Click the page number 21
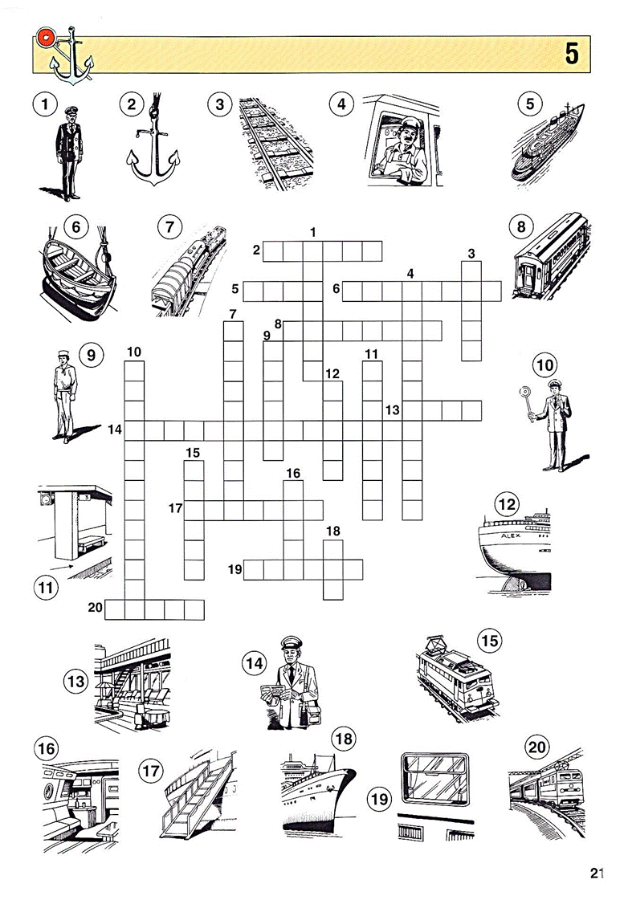tap(597, 873)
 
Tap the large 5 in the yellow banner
tap(572, 53)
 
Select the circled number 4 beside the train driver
tap(341, 104)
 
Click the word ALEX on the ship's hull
tap(510, 536)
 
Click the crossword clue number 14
tap(115, 429)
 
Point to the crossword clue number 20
tap(96, 607)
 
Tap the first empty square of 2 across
tap(273, 251)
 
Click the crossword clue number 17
tap(175, 508)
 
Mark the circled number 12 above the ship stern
tap(507, 504)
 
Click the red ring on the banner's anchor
tap(44, 38)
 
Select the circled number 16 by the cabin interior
tap(47, 749)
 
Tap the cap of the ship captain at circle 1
tap(69, 111)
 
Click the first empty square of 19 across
tap(254, 569)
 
